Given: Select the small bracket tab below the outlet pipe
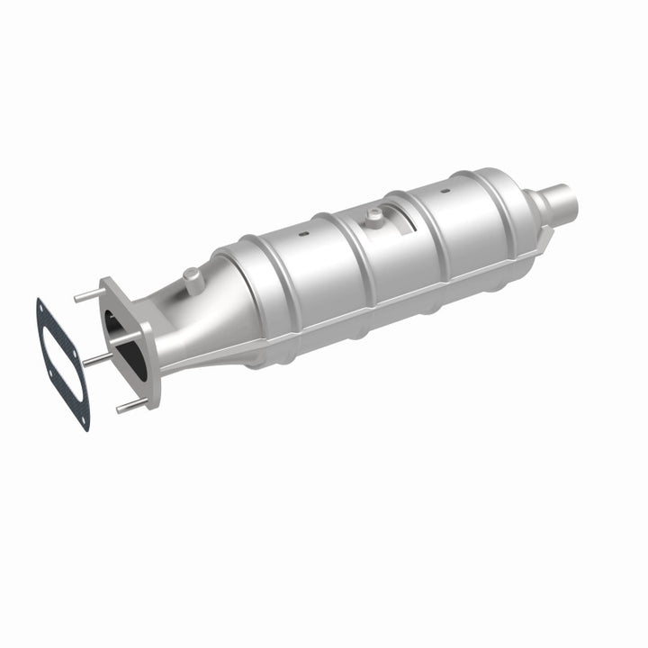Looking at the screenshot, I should pyautogui.click(x=546, y=233).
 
